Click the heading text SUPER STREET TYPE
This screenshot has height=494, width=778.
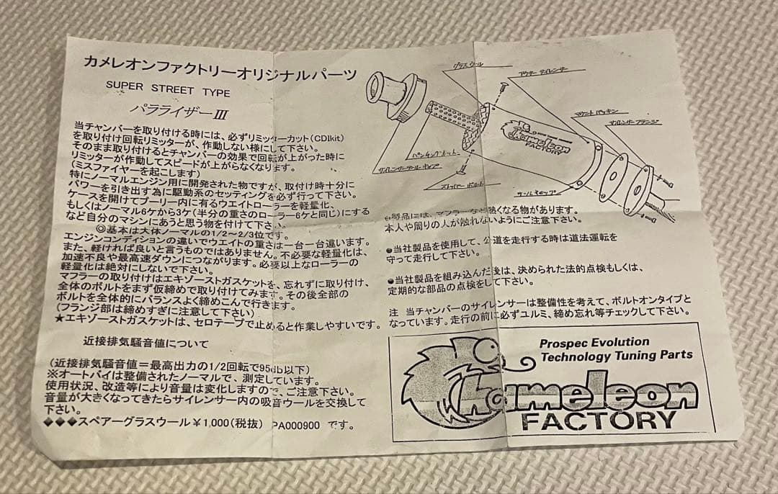[x=168, y=93]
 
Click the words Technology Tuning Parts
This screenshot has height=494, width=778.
[x=616, y=355]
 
